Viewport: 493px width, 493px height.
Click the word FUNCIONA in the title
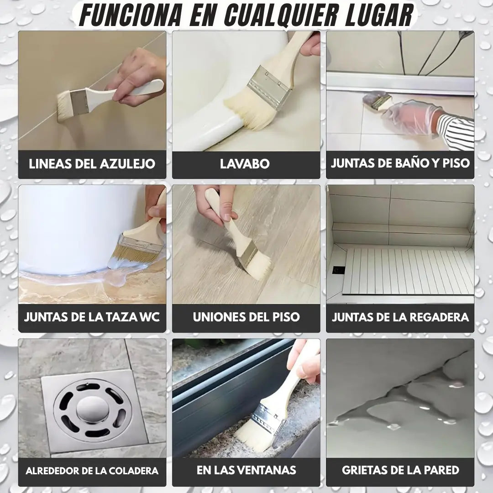131,15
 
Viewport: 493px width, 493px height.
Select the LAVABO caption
245,164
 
